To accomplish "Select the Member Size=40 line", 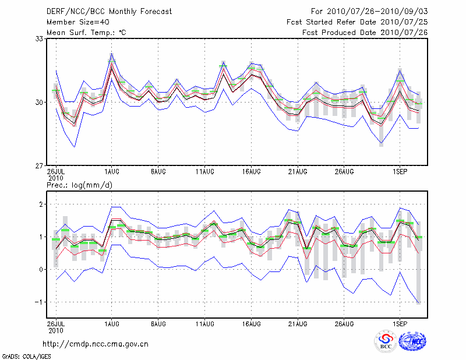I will point(79,22).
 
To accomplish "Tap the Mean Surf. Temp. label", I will point(86,33).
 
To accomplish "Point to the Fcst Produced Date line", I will point(365,33).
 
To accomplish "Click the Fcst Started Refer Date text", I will point(357,22).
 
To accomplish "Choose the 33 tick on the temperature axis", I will point(40,38).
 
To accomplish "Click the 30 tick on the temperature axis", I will point(40,103).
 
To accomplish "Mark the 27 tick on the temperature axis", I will point(40,166).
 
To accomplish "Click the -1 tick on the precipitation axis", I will point(40,302).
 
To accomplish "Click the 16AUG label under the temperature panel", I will point(251,172).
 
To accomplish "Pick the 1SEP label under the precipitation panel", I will point(399,322).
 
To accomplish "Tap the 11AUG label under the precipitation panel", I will point(204,322).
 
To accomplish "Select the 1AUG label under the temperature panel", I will point(112,172).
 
